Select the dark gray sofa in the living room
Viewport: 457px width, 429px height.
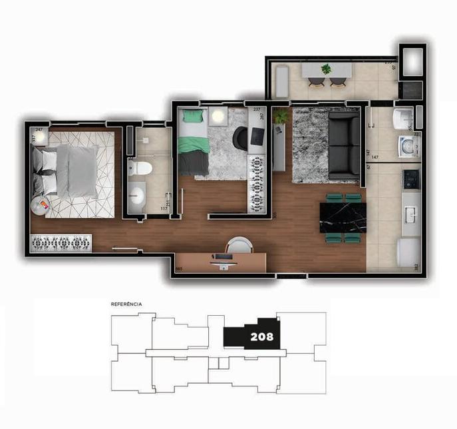[x=344, y=145]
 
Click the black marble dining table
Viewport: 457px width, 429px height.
[x=342, y=217]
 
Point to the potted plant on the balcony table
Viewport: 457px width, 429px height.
[x=326, y=69]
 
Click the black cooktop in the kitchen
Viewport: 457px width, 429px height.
[x=410, y=178]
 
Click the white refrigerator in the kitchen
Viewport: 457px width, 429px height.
[x=408, y=252]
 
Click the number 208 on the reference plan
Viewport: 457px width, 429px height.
[x=261, y=336]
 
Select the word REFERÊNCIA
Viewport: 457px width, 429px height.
[x=126, y=304]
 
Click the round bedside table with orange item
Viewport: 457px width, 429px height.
[x=41, y=205]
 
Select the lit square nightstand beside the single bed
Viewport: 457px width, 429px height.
[x=218, y=116]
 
